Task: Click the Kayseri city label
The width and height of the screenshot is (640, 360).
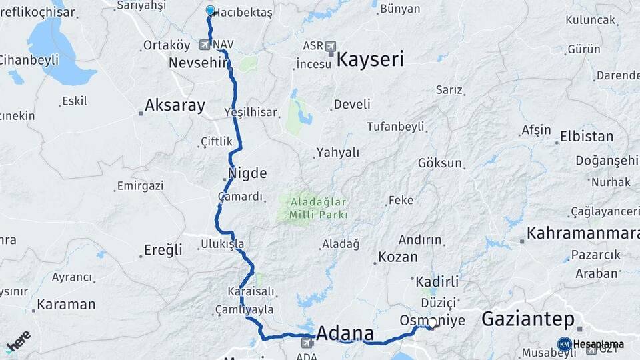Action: pyautogui.click(x=370, y=60)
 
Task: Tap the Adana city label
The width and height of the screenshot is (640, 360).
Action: pyautogui.click(x=345, y=333)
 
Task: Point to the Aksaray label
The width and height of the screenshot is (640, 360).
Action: pyautogui.click(x=175, y=105)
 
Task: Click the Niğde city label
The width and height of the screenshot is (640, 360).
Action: pyautogui.click(x=247, y=174)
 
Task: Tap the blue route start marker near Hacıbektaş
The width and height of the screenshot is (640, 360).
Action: pyautogui.click(x=211, y=10)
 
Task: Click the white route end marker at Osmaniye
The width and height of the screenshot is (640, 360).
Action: pyautogui.click(x=432, y=323)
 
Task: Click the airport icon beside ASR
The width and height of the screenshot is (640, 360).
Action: pyautogui.click(x=331, y=46)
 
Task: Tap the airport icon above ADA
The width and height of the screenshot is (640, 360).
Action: pyautogui.click(x=307, y=343)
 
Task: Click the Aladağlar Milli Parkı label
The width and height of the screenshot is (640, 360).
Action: pyautogui.click(x=318, y=207)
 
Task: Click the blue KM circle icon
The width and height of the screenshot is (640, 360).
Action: pyautogui.click(x=564, y=344)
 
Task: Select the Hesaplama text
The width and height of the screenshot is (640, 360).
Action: pyautogui.click(x=599, y=345)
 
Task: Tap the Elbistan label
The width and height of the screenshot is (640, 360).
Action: pyautogui.click(x=587, y=137)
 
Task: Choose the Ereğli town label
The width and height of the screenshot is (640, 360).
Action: pyautogui.click(x=163, y=251)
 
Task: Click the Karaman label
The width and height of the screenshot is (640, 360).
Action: pyautogui.click(x=66, y=305)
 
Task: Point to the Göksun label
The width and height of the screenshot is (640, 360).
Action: pyautogui.click(x=440, y=163)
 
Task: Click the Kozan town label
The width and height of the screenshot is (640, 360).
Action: pyautogui.click(x=398, y=257)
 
